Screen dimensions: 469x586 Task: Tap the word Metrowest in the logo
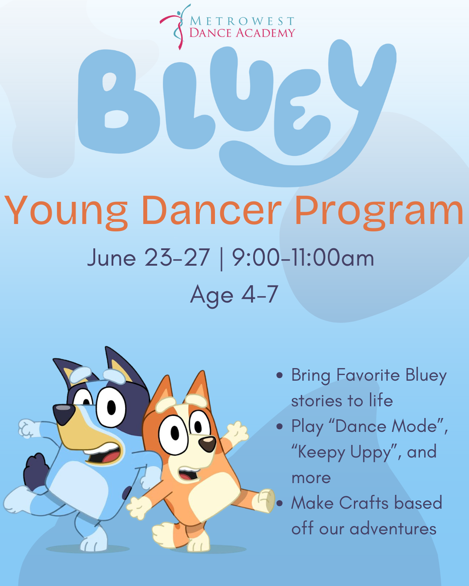[x=242, y=21]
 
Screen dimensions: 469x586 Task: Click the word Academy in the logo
[x=265, y=33]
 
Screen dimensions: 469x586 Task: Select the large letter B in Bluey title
[x=118, y=101]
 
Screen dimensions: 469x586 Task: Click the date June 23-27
[x=149, y=257]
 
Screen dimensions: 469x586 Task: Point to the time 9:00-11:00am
[x=303, y=257]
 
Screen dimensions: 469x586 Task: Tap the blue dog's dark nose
[x=64, y=414]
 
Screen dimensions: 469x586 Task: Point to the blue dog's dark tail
[x=36, y=468]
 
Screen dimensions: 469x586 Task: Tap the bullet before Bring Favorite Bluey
[x=279, y=375]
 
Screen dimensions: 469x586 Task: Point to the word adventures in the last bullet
[x=393, y=529]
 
